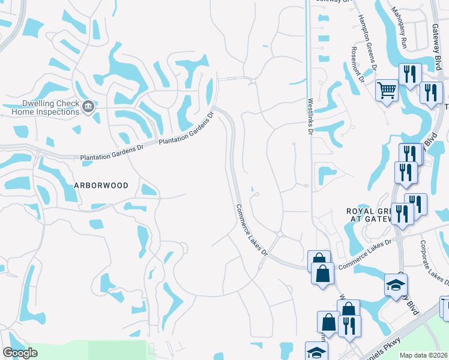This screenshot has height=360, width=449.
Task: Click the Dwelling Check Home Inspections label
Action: click(42, 107)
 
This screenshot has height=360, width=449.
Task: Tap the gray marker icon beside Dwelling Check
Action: click(88, 107)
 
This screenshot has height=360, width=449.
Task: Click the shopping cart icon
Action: click(387, 91)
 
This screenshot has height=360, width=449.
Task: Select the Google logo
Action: click(20, 353)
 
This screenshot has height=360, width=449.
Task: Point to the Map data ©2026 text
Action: click(424, 355)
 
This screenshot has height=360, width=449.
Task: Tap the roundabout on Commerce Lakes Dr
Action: click(280, 234)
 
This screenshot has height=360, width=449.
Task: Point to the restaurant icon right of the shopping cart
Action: click(410, 74)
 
